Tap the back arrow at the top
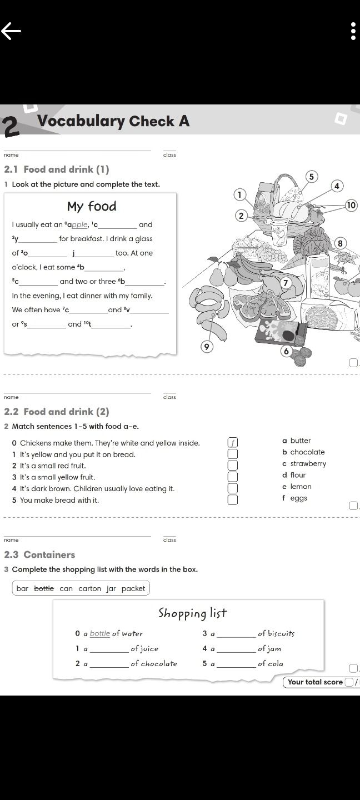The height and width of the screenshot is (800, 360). tap(11, 31)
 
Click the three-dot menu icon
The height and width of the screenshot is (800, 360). tap(353, 31)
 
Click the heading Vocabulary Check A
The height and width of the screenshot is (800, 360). tap(113, 121)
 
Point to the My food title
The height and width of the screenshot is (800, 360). tap(92, 207)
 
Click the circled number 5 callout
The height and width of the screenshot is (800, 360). tap(312, 177)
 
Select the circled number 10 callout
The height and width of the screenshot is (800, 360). tap(351, 205)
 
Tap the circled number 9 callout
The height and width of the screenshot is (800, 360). tap(207, 347)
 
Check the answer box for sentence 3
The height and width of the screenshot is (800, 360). tap(232, 477)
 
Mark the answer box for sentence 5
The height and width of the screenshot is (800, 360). tap(232, 499)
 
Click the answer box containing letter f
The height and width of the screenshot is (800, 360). tap(232, 443)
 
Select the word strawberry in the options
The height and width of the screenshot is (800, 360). tap(308, 463)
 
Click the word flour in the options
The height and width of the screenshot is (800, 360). tap(298, 475)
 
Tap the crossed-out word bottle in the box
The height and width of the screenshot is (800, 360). tap(44, 588)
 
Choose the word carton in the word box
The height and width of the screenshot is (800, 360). tap(89, 588)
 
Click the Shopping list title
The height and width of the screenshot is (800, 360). tap(192, 613)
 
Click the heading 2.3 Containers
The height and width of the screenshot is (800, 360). tap(39, 554)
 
